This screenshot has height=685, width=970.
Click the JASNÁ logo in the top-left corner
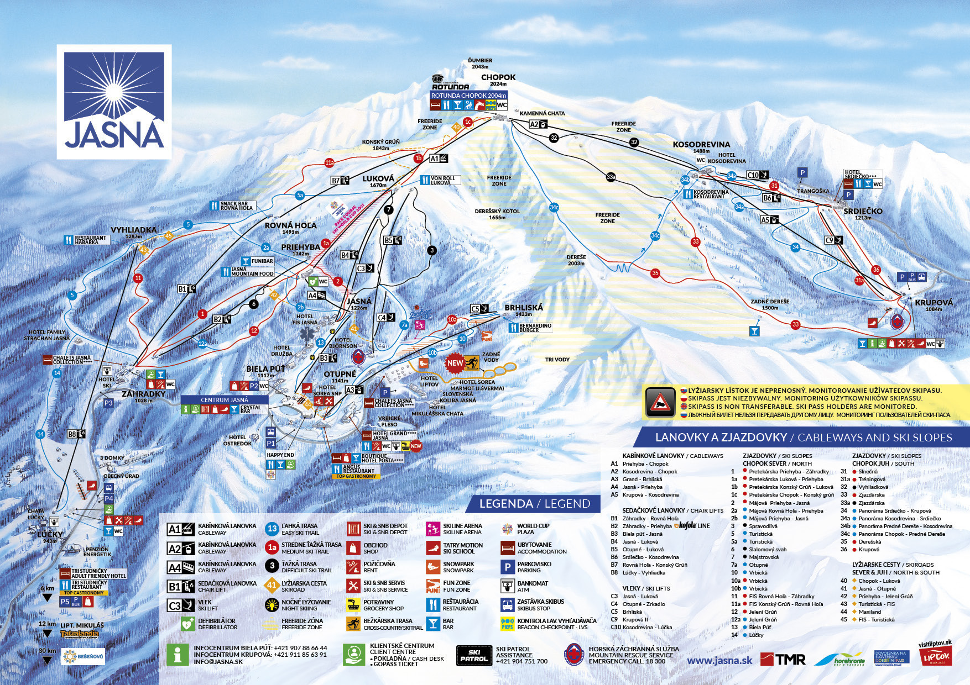pyautogui.click(x=114, y=102)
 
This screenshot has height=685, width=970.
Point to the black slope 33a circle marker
pyautogui.click(x=611, y=177)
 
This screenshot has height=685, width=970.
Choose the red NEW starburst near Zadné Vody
pyautogui.click(x=455, y=363)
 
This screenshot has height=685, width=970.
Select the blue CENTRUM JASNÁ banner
pyautogui.click(x=224, y=399)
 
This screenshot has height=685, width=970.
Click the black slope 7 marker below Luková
pyautogui.click(x=388, y=210)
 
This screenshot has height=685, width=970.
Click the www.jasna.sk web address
pyautogui.click(x=719, y=660)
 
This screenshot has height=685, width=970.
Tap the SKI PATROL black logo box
pyautogui.click(x=474, y=655)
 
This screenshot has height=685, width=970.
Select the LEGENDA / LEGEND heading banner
pyautogui.click(x=534, y=503)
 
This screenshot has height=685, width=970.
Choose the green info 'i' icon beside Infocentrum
pyautogui.click(x=178, y=655)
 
